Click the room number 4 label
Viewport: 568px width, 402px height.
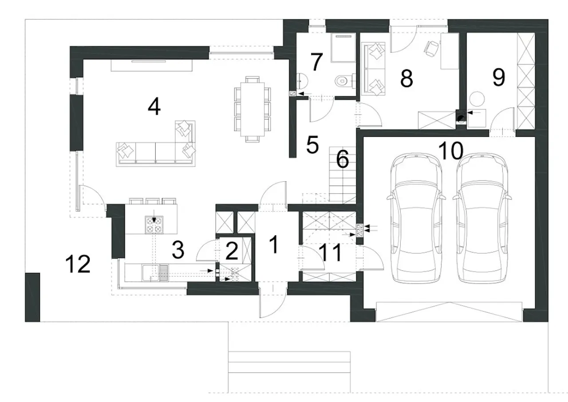click(x=154, y=106)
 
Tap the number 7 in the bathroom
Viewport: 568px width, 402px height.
click(x=316, y=62)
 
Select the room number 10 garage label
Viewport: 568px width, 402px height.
click(x=450, y=150)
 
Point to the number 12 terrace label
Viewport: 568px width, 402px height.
click(x=78, y=264)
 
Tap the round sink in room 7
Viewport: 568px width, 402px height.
click(x=302, y=81)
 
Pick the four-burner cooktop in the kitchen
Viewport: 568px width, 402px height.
click(x=154, y=225)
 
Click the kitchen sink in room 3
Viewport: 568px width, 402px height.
click(x=155, y=272)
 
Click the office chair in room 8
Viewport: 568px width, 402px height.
click(x=431, y=48)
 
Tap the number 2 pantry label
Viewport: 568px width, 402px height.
click(x=232, y=251)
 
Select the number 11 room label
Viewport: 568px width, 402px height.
click(x=330, y=252)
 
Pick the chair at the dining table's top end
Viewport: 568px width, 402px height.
click(x=252, y=79)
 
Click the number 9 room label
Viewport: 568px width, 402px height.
click(x=498, y=77)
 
